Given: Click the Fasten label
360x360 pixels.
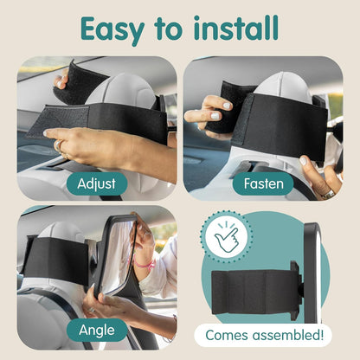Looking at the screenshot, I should [x=264, y=183].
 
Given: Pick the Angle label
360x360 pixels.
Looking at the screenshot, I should [x=96, y=330].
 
